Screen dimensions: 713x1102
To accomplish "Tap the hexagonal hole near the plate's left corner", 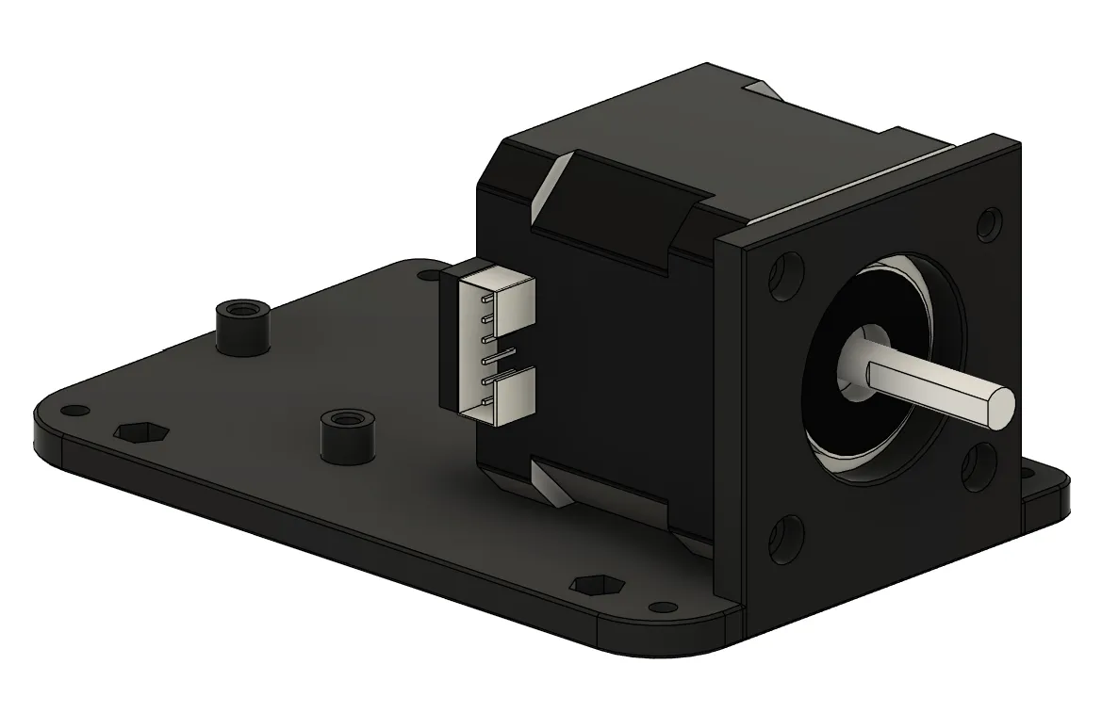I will [x=140, y=432].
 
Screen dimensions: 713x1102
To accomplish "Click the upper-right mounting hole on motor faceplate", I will [x=987, y=223].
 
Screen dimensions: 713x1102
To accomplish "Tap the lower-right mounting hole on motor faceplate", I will [x=976, y=467].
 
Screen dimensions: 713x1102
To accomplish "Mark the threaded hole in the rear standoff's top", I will [x=242, y=308].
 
